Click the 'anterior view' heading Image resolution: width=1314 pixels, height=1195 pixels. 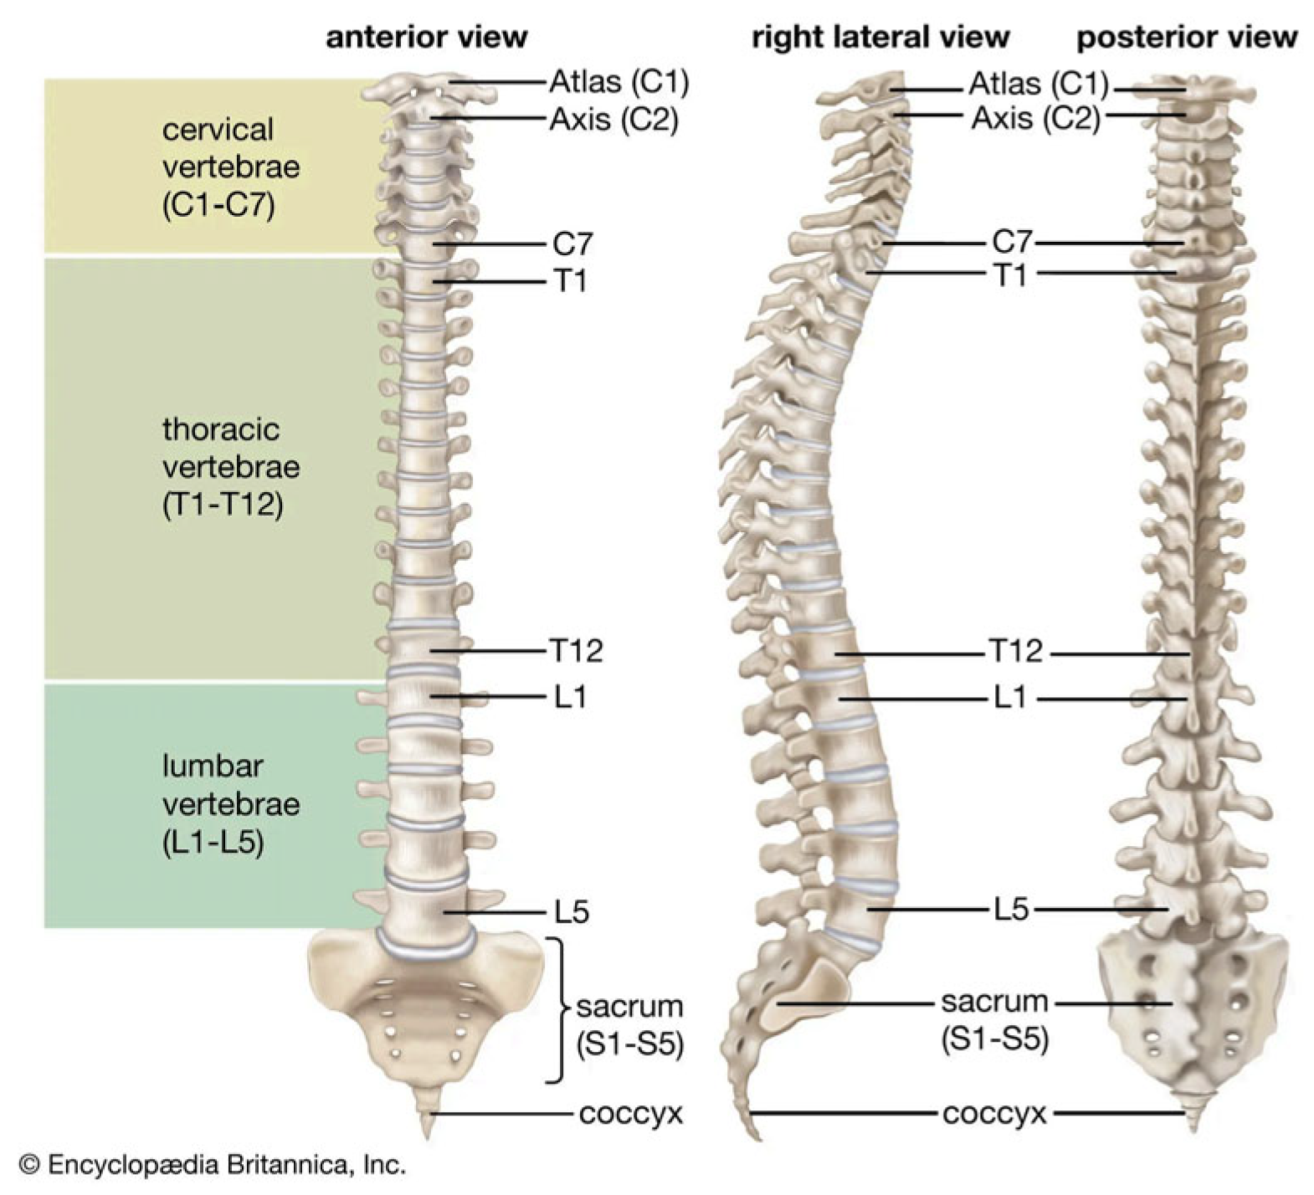(426, 38)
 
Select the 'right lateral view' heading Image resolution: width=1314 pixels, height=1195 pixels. (880, 38)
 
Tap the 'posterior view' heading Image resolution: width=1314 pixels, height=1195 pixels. (1186, 38)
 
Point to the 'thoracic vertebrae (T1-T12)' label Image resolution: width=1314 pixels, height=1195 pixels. (230, 467)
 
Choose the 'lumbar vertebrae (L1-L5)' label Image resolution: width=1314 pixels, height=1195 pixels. (230, 804)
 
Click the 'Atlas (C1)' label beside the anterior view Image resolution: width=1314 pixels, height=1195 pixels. (619, 82)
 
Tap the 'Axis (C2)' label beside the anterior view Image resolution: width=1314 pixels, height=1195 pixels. (613, 120)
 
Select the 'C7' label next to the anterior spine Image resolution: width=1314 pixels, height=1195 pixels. (572, 244)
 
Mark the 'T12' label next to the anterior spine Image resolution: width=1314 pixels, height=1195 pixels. (576, 650)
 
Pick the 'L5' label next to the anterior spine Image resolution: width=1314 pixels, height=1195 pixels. (572, 911)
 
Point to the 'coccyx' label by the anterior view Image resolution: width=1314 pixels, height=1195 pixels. (631, 1114)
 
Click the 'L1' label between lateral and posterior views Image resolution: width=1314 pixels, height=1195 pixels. (1009, 697)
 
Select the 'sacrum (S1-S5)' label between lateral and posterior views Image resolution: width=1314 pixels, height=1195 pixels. (994, 1020)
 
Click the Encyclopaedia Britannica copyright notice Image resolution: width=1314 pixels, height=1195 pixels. (213, 1164)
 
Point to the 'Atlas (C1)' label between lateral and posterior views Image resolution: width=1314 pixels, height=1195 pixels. (1038, 84)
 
